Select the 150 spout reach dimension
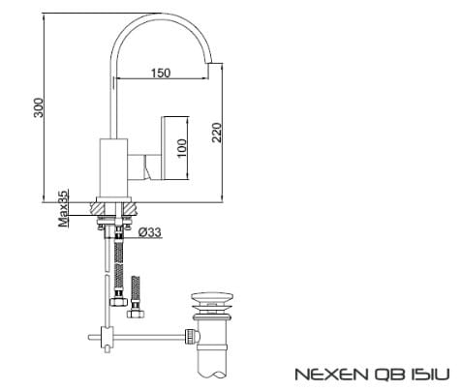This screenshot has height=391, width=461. pos(161,74)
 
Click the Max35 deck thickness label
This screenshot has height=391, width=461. pos(61,208)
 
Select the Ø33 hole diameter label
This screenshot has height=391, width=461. pos(150,233)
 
